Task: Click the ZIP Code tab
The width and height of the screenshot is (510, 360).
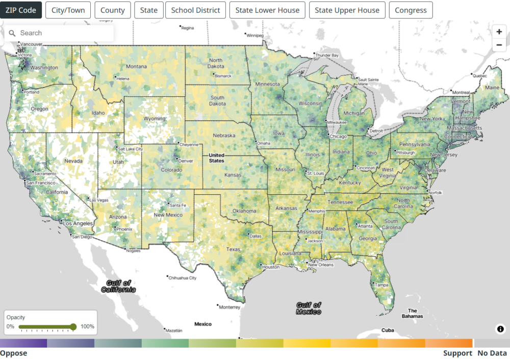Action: [x=21, y=10]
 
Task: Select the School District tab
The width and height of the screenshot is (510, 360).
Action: [x=195, y=10]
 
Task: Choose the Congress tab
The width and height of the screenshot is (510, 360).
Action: [x=411, y=10]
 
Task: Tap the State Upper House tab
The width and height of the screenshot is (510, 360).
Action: [x=347, y=10]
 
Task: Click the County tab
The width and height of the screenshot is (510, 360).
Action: [x=113, y=10]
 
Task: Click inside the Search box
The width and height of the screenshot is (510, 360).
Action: [x=61, y=33]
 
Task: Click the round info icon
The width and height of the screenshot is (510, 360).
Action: [x=500, y=329]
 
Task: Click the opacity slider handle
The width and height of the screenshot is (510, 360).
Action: [x=73, y=327]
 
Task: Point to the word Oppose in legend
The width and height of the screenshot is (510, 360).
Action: [x=14, y=353]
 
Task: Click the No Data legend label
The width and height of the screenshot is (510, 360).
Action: [x=492, y=353]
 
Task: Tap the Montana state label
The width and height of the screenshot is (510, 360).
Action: [x=136, y=67]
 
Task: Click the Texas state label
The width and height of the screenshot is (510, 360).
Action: [x=233, y=249]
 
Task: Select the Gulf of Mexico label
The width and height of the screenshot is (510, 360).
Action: [x=309, y=308]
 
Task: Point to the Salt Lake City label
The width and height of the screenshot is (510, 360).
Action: [x=130, y=149]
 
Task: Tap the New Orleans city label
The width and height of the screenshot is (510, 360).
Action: [x=321, y=265]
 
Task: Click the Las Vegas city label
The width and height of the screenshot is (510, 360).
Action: [x=99, y=200]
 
